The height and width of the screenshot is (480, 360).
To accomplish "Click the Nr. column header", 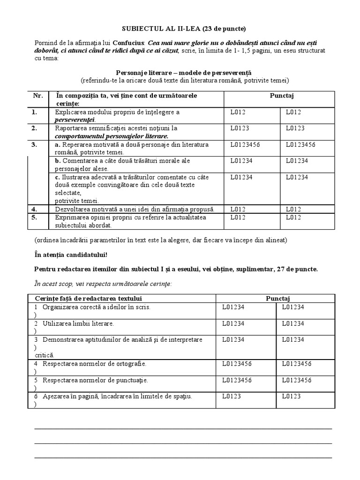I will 37,96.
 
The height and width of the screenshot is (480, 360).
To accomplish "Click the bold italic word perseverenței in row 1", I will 75,120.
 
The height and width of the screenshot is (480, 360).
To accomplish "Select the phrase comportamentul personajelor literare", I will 112,135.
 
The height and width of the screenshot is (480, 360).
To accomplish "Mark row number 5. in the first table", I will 35,217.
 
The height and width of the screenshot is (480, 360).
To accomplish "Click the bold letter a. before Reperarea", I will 58,144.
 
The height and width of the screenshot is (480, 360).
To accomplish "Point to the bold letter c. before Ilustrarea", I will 57,177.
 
